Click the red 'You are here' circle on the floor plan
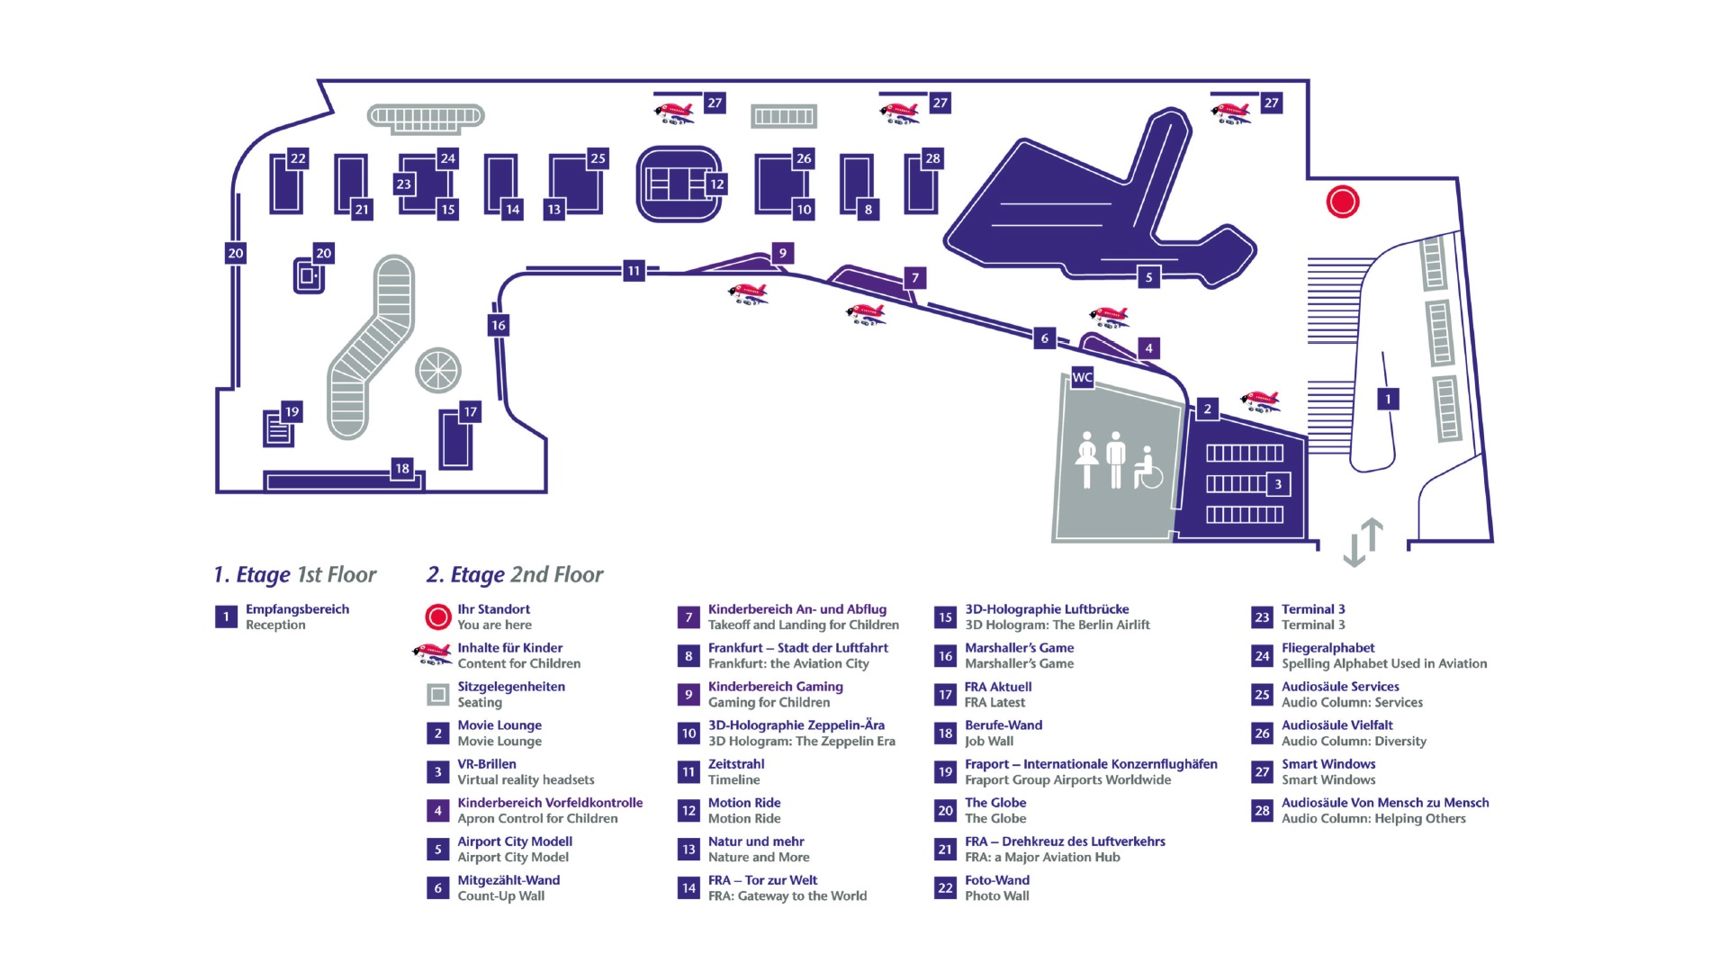[x=1342, y=202]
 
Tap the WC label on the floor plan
[x=1082, y=377]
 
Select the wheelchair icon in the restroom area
[x=1147, y=467]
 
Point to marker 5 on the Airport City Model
[x=1147, y=277]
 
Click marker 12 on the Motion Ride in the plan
[x=716, y=184]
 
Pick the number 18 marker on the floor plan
[x=402, y=468]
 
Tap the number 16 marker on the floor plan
[x=498, y=325]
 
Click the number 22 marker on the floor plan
[x=298, y=158]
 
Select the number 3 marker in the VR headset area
[x=1278, y=484]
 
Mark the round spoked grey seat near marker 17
[x=438, y=370]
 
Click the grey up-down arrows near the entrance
[x=1363, y=542]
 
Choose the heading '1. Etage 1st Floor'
[x=294, y=574]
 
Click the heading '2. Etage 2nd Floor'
[x=515, y=574]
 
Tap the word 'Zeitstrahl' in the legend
[x=736, y=764]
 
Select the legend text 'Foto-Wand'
[x=997, y=880]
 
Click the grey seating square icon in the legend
[x=437, y=694]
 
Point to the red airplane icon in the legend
[x=432, y=653]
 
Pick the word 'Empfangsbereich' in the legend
[x=297, y=609]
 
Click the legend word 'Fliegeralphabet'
[x=1328, y=648]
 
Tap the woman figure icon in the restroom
[x=1087, y=459]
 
